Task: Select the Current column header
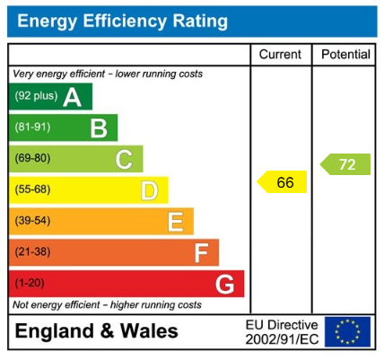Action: pos(280,55)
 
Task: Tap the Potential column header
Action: pos(345,55)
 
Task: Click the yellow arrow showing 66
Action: pos(283,182)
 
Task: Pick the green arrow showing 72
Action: pos(346,164)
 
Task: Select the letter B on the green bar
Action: pos(98,128)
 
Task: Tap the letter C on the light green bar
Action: pos(124,160)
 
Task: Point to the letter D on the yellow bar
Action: pos(149,190)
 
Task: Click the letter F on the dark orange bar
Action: pos(201,253)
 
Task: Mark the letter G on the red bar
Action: pos(225,285)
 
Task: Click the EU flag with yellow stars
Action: pos(347,331)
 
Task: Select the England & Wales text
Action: pos(97,331)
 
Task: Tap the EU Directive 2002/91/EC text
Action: pos(282,331)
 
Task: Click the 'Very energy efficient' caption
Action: pos(108,74)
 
